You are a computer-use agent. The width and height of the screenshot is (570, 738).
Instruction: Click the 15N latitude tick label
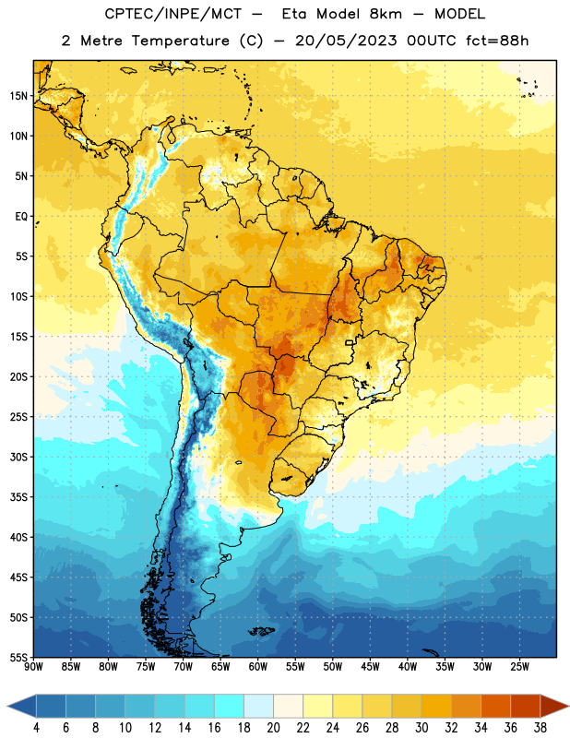tap(18, 96)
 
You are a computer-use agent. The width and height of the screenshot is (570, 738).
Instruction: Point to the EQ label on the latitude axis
tap(21, 217)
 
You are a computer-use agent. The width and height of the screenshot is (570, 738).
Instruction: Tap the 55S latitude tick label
tap(18, 657)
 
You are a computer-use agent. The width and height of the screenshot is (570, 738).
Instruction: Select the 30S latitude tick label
tap(18, 457)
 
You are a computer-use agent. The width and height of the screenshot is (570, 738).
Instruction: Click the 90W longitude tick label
tap(34, 667)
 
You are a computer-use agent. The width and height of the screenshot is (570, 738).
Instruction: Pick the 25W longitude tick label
tap(519, 667)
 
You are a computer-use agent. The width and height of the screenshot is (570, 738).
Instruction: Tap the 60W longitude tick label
tap(258, 667)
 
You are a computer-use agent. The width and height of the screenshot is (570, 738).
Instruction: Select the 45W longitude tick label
tap(371, 667)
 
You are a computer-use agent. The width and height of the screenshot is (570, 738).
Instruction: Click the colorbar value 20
tap(273, 728)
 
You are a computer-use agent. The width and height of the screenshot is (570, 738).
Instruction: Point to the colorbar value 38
tap(540, 728)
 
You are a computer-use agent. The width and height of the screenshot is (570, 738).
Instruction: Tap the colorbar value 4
tap(36, 728)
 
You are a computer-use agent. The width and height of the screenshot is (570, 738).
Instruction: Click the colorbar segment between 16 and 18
tap(230, 706)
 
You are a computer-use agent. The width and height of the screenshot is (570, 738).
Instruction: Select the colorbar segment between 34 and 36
tap(495, 706)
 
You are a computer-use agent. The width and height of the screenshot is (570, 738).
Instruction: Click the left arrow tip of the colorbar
tap(7, 706)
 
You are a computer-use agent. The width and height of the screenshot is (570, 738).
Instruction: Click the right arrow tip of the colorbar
tap(569, 706)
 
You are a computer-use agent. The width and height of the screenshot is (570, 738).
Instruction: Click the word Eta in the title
tap(294, 14)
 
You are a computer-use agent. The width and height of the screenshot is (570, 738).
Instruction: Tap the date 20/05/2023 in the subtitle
tap(346, 41)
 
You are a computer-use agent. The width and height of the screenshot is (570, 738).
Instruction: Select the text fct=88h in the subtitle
tap(497, 41)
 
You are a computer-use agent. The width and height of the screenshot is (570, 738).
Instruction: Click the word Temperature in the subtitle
tap(181, 41)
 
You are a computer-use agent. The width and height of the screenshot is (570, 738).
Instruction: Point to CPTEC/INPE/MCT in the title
tap(173, 15)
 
